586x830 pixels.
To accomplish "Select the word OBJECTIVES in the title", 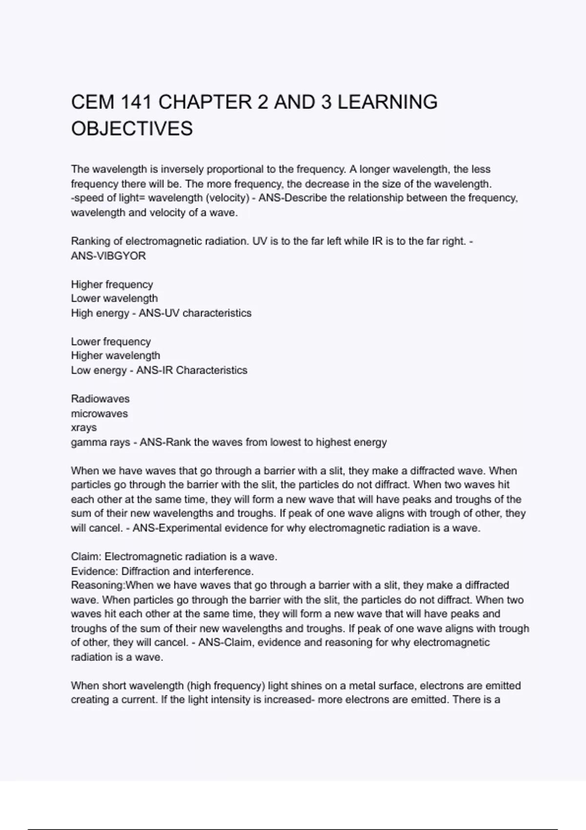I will (x=132, y=129).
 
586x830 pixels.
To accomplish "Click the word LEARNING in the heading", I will (x=387, y=103).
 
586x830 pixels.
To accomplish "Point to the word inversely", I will (x=183, y=169).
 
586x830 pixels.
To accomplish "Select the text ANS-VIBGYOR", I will (x=108, y=256).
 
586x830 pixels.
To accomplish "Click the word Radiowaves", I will (x=100, y=399).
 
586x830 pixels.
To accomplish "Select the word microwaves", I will (x=99, y=414).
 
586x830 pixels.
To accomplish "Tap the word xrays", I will (x=84, y=428).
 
